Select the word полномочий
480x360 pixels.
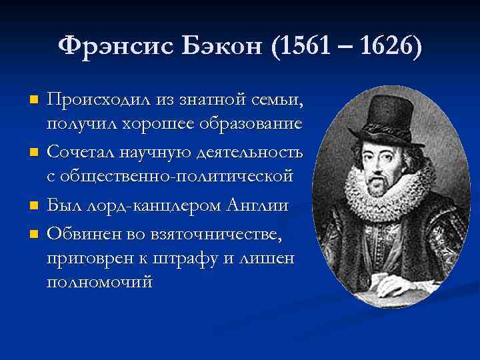pos(99,282)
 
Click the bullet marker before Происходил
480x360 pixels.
pos(35,101)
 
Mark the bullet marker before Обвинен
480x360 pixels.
pos(35,233)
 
